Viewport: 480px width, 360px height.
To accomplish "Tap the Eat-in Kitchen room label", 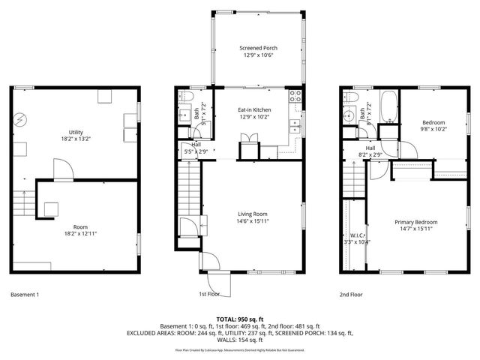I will point(254,110).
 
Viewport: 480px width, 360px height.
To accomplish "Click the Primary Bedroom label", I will point(417,222).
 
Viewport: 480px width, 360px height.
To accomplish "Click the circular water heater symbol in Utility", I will point(21,118).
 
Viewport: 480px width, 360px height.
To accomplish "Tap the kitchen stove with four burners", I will point(295,96).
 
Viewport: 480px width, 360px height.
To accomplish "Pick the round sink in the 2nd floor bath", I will point(348,118).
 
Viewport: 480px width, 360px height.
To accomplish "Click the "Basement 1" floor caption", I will point(25,295).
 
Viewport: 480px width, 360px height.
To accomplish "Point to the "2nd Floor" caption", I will point(350,295).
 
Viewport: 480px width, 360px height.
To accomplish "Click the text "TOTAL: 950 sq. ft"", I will point(239,318).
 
